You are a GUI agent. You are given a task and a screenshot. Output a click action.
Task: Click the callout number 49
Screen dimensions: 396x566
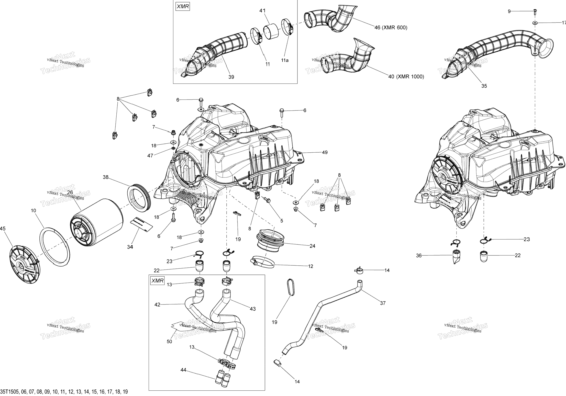[x=325, y=152]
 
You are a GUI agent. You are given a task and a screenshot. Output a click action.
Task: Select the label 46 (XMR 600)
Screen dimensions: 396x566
[x=391, y=28]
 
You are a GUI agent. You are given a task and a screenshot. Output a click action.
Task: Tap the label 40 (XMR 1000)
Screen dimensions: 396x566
[x=406, y=76]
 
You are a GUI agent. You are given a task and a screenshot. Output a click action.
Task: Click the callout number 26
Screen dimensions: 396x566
[x=70, y=193]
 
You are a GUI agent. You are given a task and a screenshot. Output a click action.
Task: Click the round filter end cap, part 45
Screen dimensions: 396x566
[x=25, y=266]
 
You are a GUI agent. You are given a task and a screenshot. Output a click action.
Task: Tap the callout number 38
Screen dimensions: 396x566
[x=106, y=177]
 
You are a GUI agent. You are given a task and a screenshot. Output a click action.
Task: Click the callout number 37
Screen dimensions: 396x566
[x=383, y=303]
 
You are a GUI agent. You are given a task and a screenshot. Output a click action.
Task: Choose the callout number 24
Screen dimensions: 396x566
[x=312, y=246]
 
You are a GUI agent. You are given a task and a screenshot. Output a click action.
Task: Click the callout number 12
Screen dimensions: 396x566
[x=310, y=266]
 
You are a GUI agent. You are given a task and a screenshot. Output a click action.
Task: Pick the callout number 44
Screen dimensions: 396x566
[x=183, y=370]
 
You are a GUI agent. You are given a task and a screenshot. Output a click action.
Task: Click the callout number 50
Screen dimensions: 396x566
[x=169, y=342]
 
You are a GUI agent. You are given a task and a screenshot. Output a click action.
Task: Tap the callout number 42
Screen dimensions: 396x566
[x=157, y=305]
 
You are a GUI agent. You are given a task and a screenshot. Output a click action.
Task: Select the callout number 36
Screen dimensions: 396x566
[x=419, y=255]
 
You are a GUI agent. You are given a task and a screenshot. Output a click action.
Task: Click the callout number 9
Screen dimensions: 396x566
[x=509, y=11]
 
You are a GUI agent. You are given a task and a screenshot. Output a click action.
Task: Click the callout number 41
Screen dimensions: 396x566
[x=262, y=11]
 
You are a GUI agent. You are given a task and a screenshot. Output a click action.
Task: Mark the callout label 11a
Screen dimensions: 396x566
[x=285, y=60]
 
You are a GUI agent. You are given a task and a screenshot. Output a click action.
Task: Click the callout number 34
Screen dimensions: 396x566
[x=130, y=247]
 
